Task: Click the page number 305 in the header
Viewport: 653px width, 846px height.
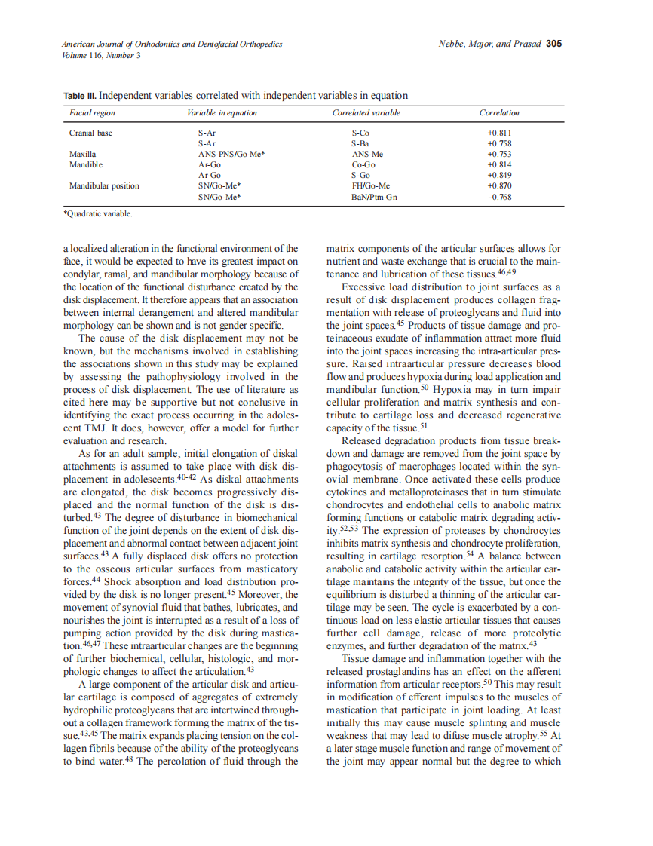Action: click(x=554, y=44)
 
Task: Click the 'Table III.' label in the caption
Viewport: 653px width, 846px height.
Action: click(x=79, y=96)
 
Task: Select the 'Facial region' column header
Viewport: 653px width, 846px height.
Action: click(x=92, y=113)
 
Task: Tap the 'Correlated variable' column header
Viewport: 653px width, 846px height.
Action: click(x=366, y=113)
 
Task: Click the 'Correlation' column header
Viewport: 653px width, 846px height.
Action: click(x=499, y=113)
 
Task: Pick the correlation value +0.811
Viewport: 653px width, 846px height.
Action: click(x=500, y=133)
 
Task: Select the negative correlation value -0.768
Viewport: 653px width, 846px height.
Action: click(x=500, y=197)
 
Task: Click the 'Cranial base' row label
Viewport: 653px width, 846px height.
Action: click(x=90, y=133)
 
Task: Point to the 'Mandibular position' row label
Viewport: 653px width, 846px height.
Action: click(x=104, y=185)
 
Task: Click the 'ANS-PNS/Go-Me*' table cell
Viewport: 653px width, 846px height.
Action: click(x=231, y=154)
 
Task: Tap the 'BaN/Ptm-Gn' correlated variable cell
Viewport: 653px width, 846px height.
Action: click(x=374, y=197)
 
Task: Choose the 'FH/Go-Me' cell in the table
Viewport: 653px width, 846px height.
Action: click(x=371, y=185)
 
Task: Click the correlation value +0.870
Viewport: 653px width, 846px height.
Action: click(x=500, y=185)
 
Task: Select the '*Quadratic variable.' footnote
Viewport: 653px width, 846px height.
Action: click(x=98, y=214)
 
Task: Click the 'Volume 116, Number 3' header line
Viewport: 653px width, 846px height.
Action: click(x=101, y=55)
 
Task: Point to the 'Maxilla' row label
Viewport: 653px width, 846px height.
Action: click(x=83, y=154)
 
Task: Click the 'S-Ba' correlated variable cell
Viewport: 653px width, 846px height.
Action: click(x=360, y=143)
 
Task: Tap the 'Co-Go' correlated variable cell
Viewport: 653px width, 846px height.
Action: click(x=363, y=164)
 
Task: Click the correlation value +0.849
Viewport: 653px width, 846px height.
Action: click(x=500, y=175)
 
